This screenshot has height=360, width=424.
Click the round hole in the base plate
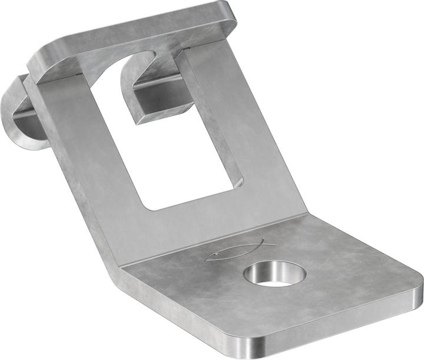275,274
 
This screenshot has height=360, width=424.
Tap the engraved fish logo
239,250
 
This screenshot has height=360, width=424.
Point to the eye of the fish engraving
218,254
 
